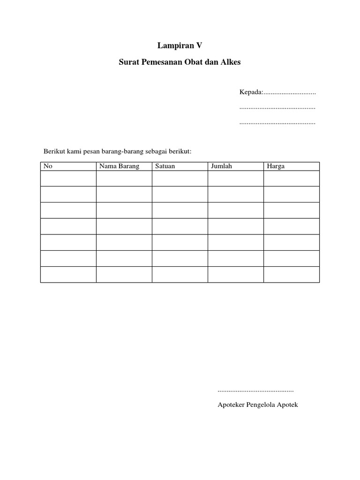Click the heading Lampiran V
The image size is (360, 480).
pyautogui.click(x=180, y=45)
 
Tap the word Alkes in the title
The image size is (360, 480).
pyautogui.click(x=230, y=61)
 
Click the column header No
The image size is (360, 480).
pyautogui.click(x=47, y=166)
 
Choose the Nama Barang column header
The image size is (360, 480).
pyautogui.click(x=119, y=166)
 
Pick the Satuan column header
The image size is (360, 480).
pyautogui.click(x=165, y=166)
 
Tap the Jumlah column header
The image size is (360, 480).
pyautogui.click(x=221, y=166)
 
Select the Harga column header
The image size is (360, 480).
pyautogui.click(x=276, y=166)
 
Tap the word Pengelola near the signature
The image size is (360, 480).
pyautogui.click(x=265, y=405)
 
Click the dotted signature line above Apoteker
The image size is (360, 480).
pyautogui.click(x=255, y=390)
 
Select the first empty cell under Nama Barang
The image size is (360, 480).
pyautogui.click(x=124, y=179)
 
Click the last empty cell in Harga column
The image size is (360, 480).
pyautogui.click(x=291, y=275)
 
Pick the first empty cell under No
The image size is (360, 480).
pyautogui.click(x=68, y=179)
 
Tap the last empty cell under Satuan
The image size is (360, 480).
pyautogui.click(x=180, y=275)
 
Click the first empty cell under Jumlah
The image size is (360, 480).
pyautogui.click(x=235, y=179)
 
